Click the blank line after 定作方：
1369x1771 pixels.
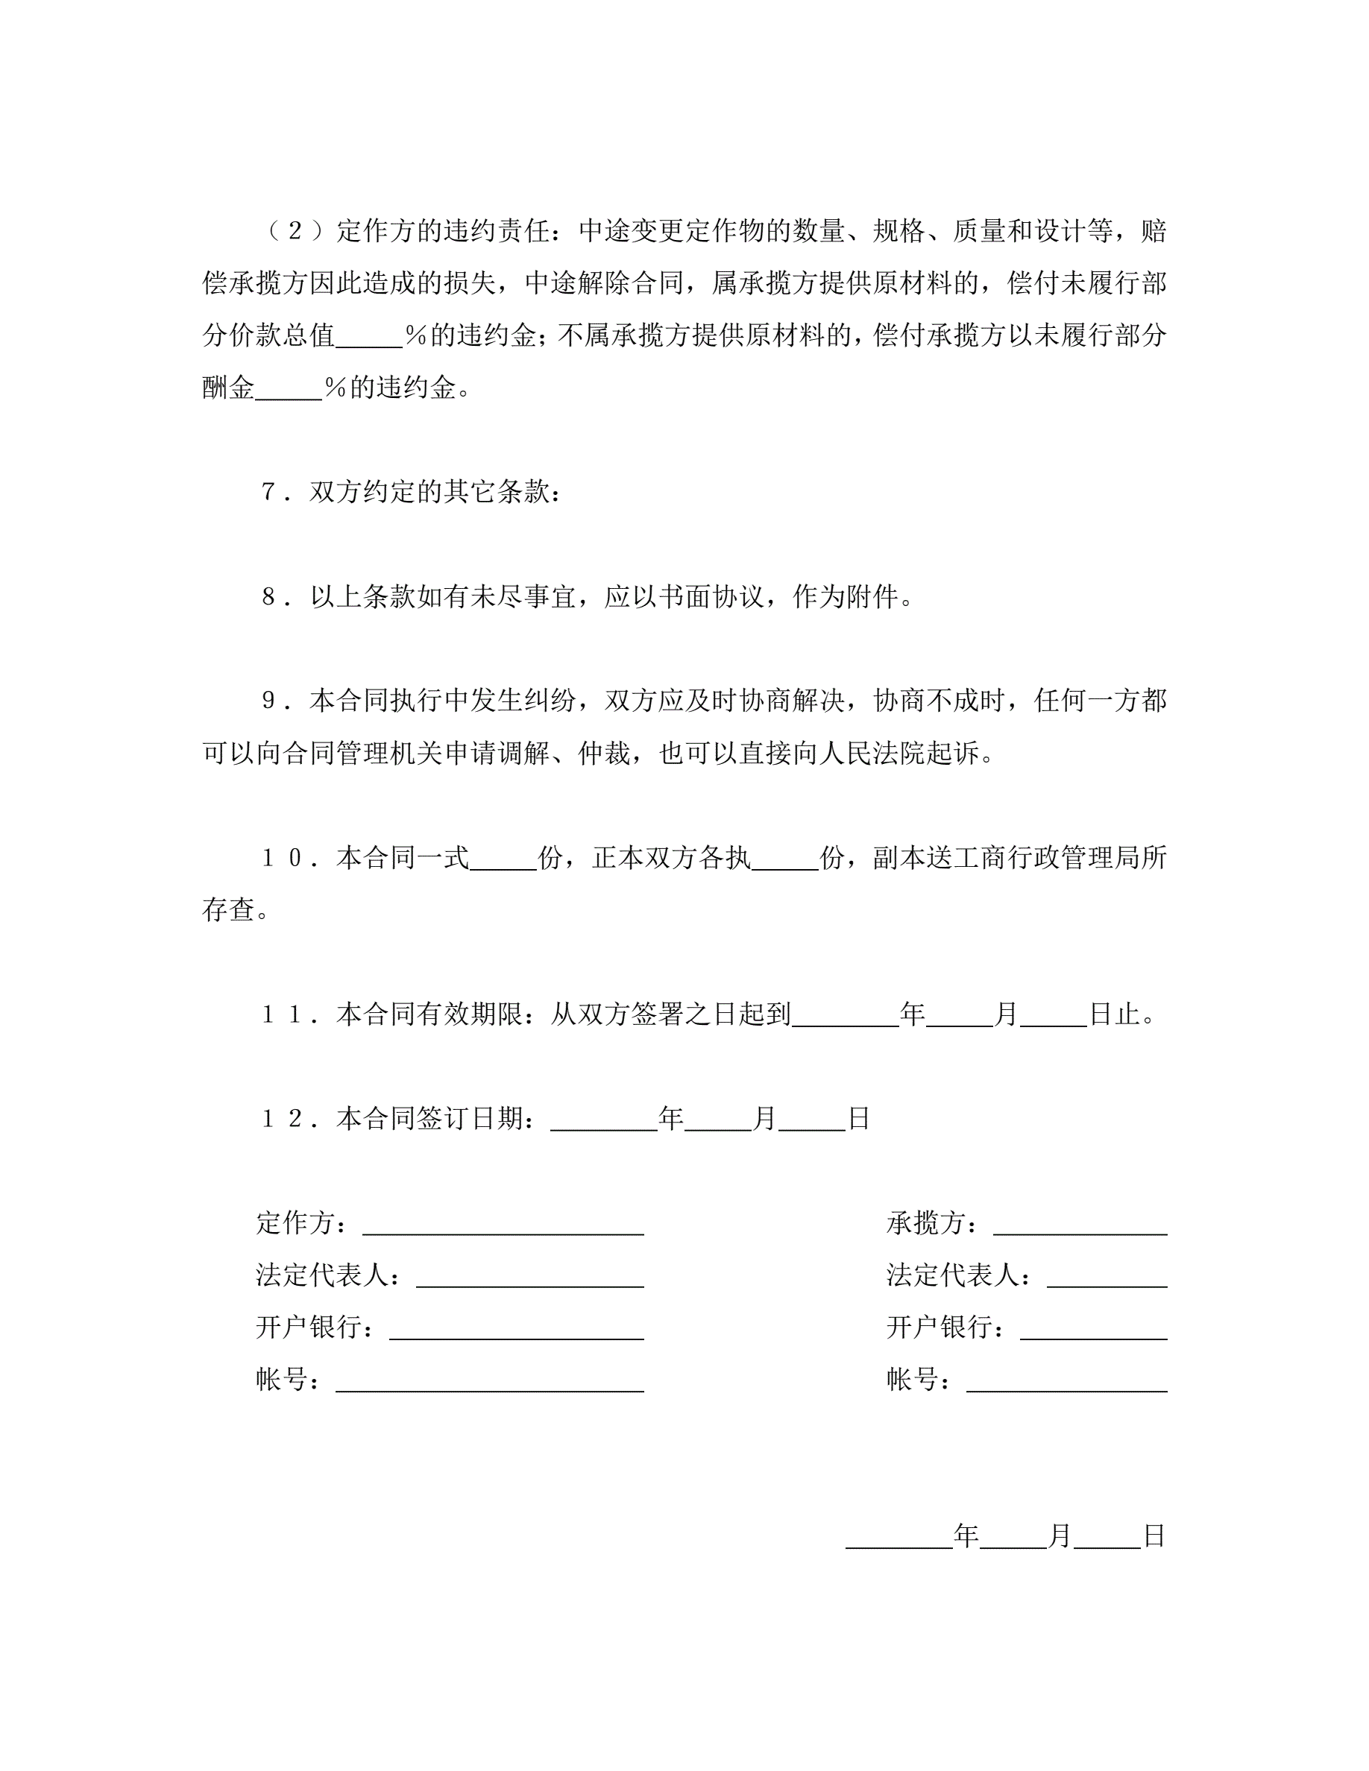pos(503,1224)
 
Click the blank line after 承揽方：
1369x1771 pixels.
pos(1080,1224)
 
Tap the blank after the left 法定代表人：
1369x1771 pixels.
pos(529,1276)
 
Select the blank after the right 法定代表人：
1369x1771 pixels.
pos(1107,1276)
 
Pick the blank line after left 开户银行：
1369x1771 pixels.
pos(516,1329)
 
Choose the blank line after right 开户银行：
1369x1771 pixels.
pos(1092,1329)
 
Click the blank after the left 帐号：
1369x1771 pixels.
pos(489,1381)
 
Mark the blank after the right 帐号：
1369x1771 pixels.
pos(1066,1381)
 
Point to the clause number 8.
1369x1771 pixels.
pos(270,597)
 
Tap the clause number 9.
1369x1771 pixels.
pos(270,701)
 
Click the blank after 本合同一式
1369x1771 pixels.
pos(503,859)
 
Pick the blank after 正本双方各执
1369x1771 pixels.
pos(784,859)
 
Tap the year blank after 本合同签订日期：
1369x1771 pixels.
pos(603,1120)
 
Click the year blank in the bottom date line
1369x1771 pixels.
pos(898,1537)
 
